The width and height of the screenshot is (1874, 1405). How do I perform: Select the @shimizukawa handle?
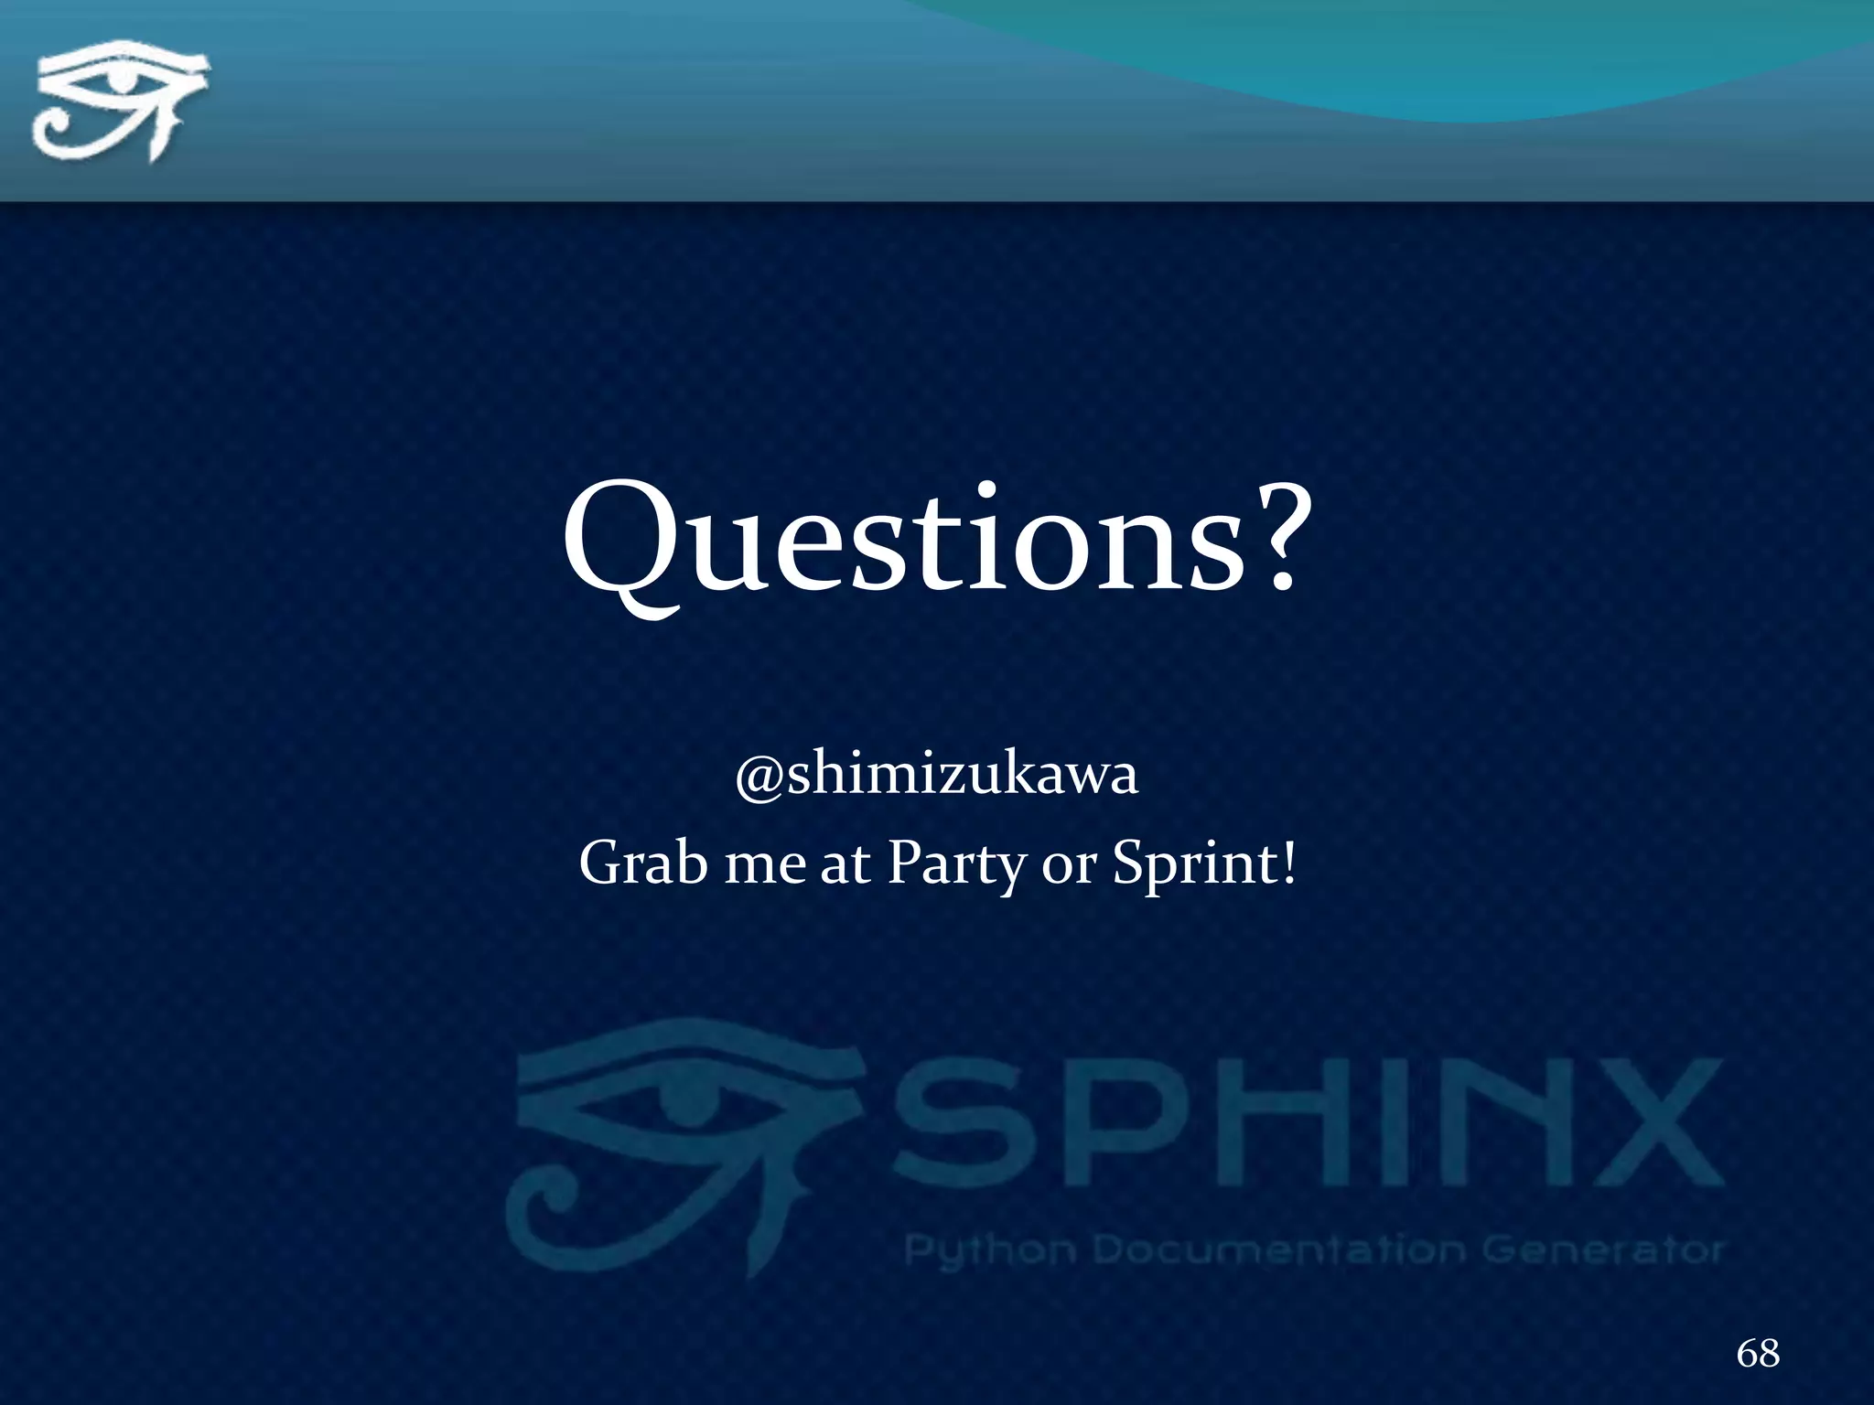(x=937, y=775)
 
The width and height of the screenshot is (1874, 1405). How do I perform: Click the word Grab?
(x=642, y=863)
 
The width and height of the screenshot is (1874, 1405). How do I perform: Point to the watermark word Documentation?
(x=1281, y=1249)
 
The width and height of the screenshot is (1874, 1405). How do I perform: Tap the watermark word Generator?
(x=1601, y=1249)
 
